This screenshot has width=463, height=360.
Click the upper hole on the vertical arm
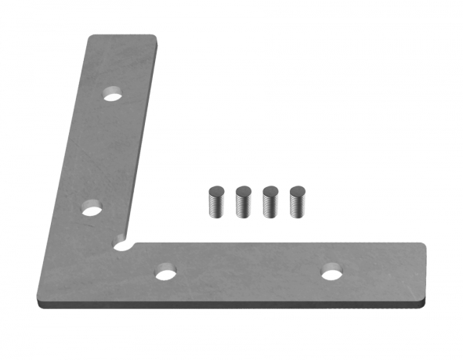click(x=114, y=97)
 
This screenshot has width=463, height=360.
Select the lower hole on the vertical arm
click(x=93, y=208)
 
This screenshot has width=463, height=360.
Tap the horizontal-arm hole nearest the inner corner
click(x=165, y=273)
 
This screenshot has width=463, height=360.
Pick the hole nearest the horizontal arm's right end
click(x=331, y=272)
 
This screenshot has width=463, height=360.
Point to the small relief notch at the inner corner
click(x=121, y=245)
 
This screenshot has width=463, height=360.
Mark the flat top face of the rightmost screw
click(x=298, y=189)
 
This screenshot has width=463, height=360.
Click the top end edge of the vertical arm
click(x=122, y=36)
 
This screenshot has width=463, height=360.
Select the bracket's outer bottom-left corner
click(x=37, y=301)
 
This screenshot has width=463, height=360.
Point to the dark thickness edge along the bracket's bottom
click(x=235, y=305)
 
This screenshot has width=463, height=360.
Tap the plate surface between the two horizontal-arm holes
click(x=248, y=272)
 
